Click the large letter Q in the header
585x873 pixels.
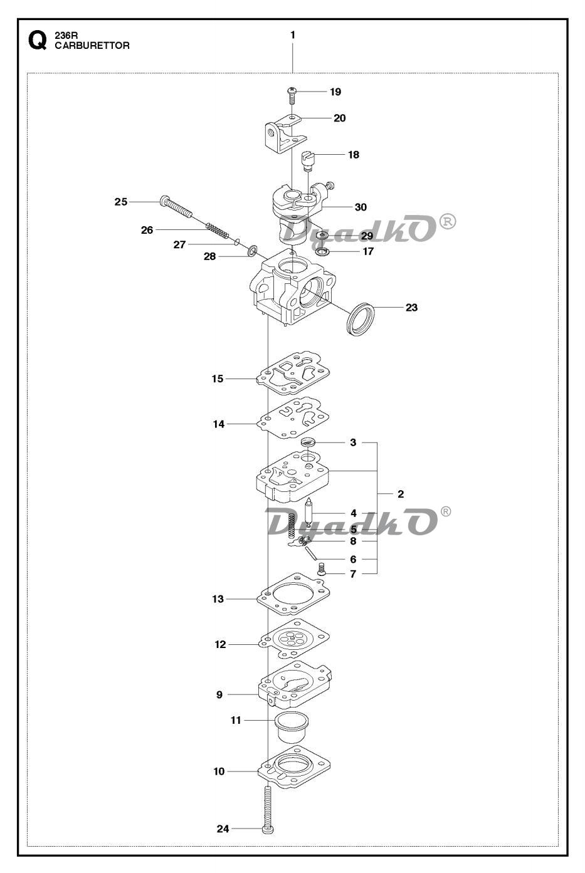tap(38, 41)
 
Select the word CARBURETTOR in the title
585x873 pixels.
tap(92, 46)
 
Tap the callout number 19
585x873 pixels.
tap(335, 91)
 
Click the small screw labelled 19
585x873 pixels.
tap(292, 95)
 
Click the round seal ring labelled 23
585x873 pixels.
tap(361, 318)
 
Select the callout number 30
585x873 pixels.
tap(361, 207)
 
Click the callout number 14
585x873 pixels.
tap(219, 424)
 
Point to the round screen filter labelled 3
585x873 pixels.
tap(308, 442)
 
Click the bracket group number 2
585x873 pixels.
tap(401, 494)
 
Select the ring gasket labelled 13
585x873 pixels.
tap(293, 593)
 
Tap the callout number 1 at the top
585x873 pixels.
tap(293, 35)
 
